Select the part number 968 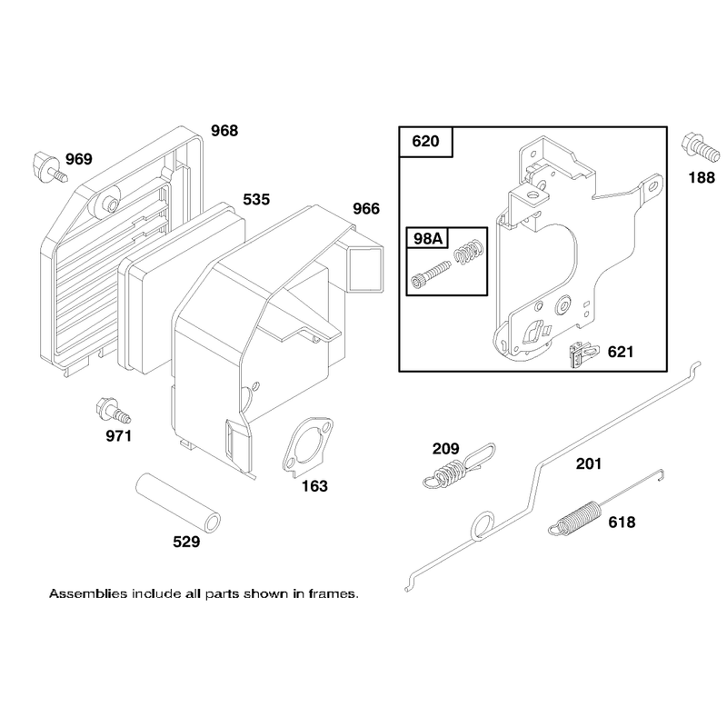pyautogui.click(x=224, y=131)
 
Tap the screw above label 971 pyautogui.click(x=113, y=411)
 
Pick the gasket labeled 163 pyautogui.click(x=307, y=445)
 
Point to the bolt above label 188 pyautogui.click(x=701, y=147)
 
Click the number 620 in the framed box pyautogui.click(x=425, y=141)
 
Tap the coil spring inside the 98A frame pyautogui.click(x=469, y=252)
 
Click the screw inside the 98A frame pyautogui.click(x=431, y=274)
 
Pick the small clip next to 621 pyautogui.click(x=583, y=354)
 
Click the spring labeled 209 pyautogui.click(x=459, y=466)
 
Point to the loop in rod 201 pyautogui.click(x=483, y=527)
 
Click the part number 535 pyautogui.click(x=256, y=199)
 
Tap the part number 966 pyautogui.click(x=366, y=209)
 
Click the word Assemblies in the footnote pyautogui.click(x=88, y=594)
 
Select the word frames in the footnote pyautogui.click(x=333, y=594)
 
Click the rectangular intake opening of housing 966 pyautogui.click(x=366, y=270)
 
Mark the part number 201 pyautogui.click(x=588, y=463)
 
